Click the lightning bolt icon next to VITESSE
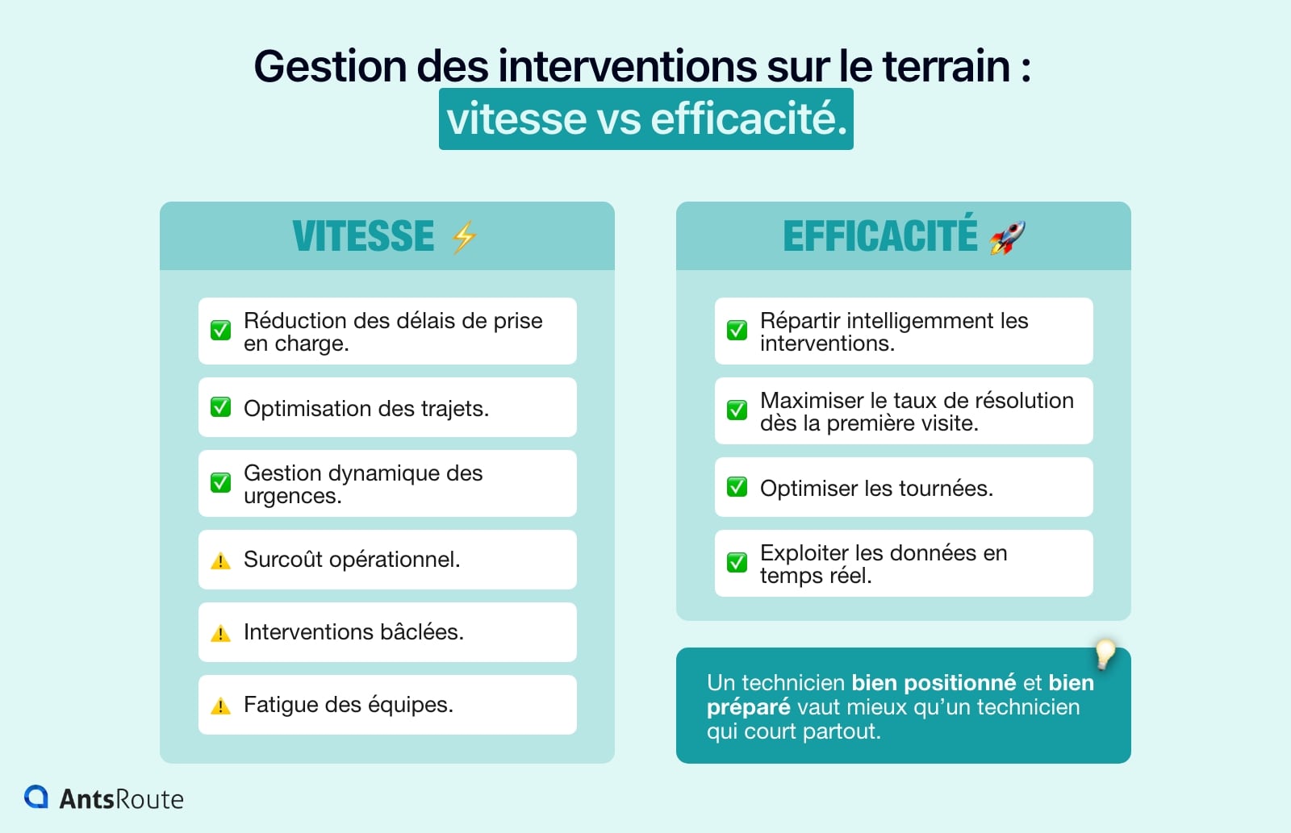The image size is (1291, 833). click(x=464, y=237)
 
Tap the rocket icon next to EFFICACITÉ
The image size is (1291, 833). click(x=1007, y=237)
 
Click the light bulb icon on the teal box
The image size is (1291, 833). click(x=1105, y=654)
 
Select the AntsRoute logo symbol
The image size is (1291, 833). click(x=36, y=797)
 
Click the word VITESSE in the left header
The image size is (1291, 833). click(x=363, y=236)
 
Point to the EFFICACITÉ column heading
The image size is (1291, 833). click(x=879, y=236)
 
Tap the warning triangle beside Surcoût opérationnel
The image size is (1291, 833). click(x=220, y=561)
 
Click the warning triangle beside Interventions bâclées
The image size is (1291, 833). click(x=220, y=634)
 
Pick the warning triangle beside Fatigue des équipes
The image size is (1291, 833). click(x=220, y=706)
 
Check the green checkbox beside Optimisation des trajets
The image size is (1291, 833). click(x=220, y=407)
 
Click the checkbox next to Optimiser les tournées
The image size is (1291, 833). click(x=737, y=487)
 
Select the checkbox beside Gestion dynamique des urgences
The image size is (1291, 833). click(x=220, y=483)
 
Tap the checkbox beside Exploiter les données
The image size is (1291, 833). click(x=737, y=562)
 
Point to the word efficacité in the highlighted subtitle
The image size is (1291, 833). click(x=749, y=119)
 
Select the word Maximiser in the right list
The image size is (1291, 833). click(x=812, y=401)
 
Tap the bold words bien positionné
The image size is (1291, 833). click(x=934, y=683)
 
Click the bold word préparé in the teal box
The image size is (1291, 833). click(x=748, y=707)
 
